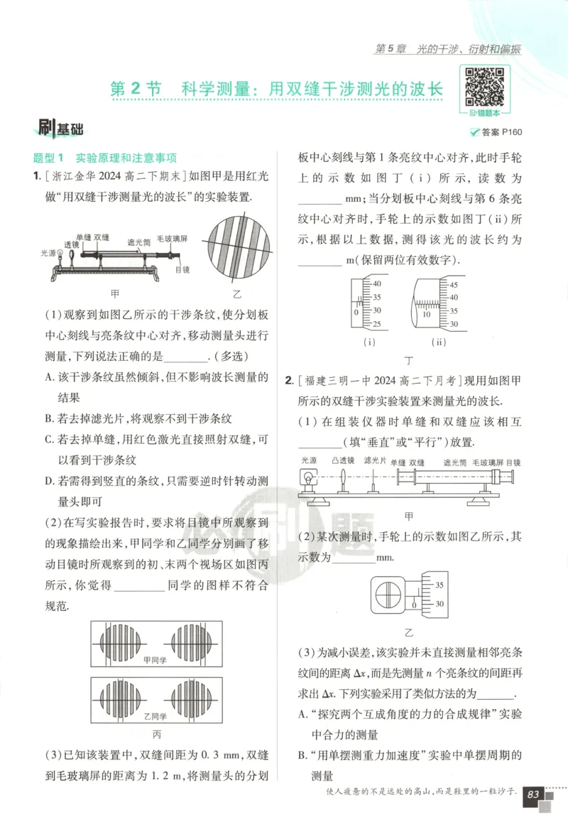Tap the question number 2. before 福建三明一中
[x=290, y=380]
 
